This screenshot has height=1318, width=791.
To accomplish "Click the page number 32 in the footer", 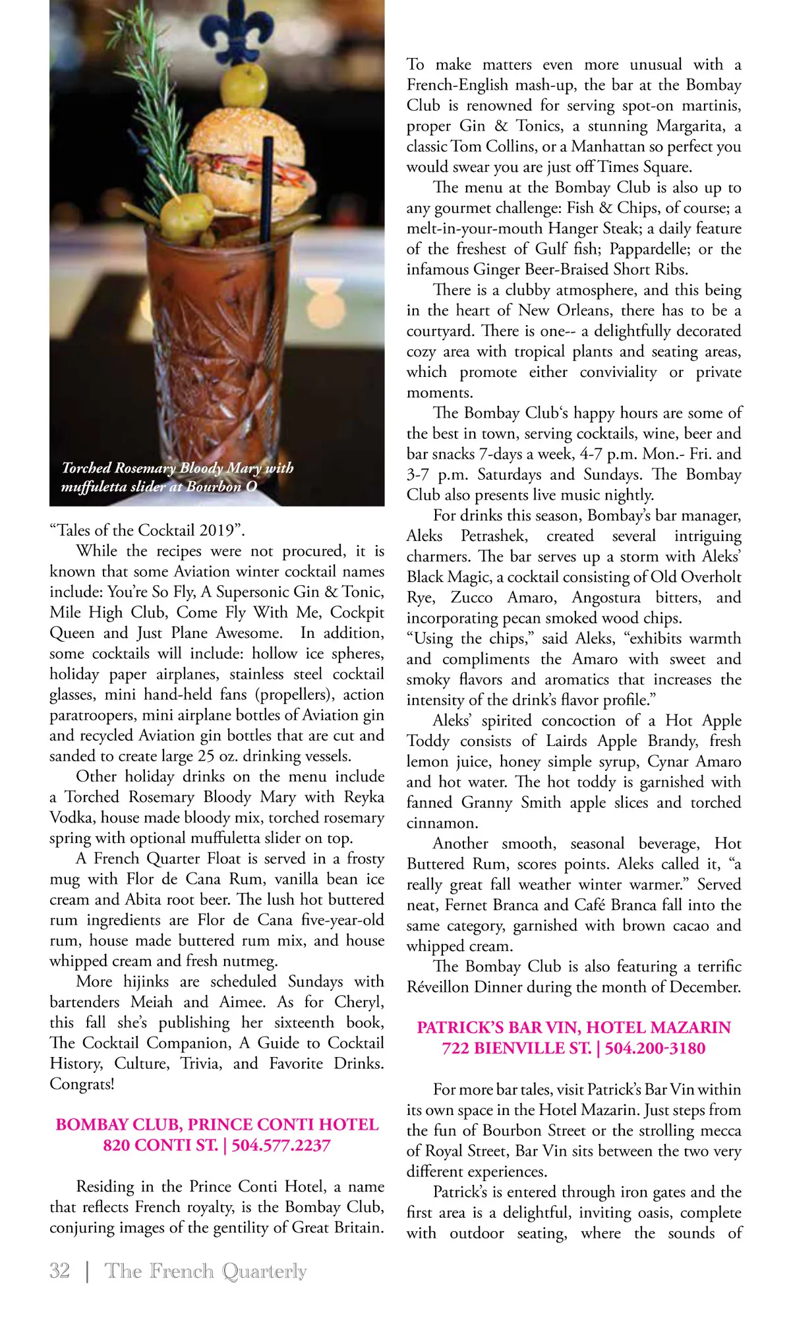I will pos(59,1271).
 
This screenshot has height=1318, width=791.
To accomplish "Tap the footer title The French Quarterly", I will pos(205,1271).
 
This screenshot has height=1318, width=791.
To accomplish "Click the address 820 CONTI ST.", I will pos(160,1145).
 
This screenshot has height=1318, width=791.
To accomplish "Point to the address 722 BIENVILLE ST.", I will pos(516,1048).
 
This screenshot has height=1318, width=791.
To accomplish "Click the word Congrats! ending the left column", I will pos(82,1084).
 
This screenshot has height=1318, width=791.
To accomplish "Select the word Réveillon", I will pos(438,987).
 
